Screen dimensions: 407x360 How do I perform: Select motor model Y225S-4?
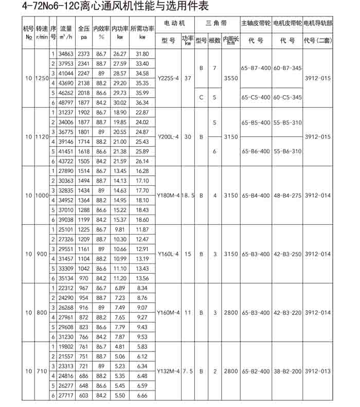(168, 78)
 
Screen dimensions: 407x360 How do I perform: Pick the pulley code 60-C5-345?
(287, 97)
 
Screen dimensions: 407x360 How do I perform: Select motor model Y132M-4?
(168, 371)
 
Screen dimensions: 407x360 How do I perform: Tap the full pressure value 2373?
(84, 54)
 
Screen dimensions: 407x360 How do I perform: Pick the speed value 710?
(42, 371)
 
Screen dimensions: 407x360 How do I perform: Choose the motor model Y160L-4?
(168, 254)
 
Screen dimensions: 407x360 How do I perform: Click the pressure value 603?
(84, 395)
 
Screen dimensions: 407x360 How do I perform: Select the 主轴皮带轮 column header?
(255, 24)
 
